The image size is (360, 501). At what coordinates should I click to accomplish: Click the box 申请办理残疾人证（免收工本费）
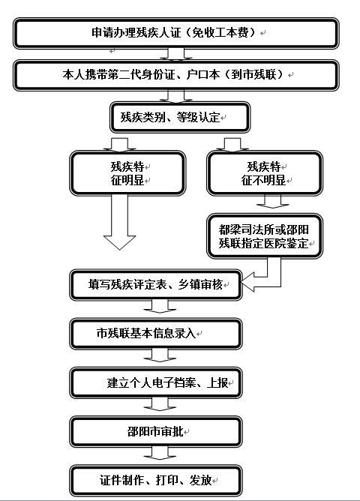coord(175,33)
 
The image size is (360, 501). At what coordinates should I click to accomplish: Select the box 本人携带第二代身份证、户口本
coord(175,76)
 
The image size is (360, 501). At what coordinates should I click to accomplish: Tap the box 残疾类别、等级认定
coord(180,117)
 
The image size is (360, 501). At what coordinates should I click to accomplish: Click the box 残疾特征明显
coord(127,173)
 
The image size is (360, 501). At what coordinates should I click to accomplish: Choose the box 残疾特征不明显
coord(265,173)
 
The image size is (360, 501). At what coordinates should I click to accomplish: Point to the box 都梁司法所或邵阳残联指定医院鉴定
coord(265,235)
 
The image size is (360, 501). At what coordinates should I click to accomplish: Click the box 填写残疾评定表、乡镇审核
coord(155,285)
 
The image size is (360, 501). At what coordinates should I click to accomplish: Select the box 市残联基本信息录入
coord(155,334)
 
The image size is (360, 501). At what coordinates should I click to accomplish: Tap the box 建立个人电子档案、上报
coord(155,382)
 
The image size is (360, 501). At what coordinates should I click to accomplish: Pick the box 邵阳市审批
coord(155,432)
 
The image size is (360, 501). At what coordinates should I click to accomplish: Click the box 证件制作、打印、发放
coord(155,481)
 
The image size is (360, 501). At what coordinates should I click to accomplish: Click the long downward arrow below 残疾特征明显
coord(119,223)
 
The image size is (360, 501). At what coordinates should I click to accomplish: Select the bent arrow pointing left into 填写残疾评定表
coord(274,281)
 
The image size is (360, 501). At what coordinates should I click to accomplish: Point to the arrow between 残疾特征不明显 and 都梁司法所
coord(273,202)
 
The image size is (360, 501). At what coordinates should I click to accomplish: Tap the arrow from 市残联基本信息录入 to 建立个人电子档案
coord(160,355)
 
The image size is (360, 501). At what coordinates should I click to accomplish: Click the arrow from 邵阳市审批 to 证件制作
coord(160,453)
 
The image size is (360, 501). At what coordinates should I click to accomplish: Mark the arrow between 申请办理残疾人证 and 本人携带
coord(176,54)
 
